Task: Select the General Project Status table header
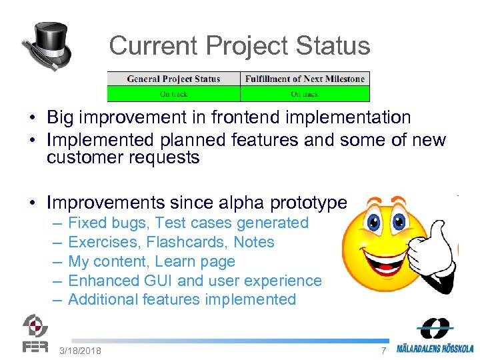[173, 79]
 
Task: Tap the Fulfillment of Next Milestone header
[305, 79]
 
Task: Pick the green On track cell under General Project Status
[173, 94]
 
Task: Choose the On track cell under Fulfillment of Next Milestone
[305, 94]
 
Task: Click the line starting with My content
[151, 261]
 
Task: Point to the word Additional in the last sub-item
[103, 299]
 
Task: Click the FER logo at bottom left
[35, 333]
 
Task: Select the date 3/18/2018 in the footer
[80, 351]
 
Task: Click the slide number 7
[383, 351]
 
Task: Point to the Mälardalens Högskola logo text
[435, 348]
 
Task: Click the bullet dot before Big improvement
[31, 119]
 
